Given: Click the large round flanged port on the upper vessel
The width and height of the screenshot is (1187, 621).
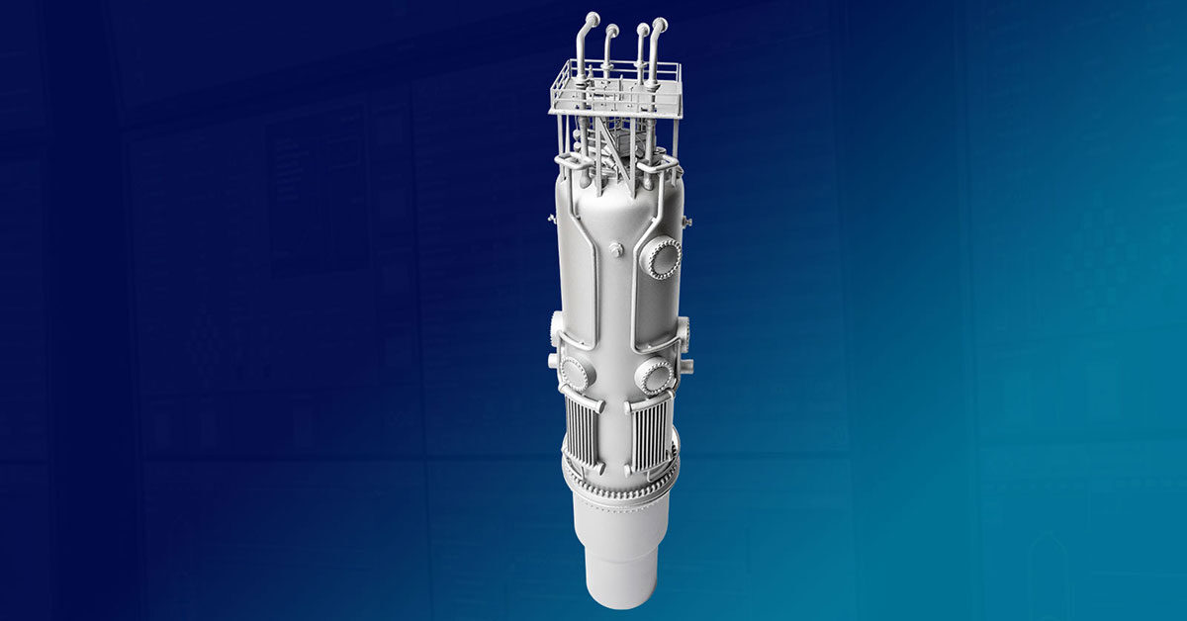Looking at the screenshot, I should click(x=661, y=258).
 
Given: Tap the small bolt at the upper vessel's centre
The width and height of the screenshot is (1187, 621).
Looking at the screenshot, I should click(x=615, y=251).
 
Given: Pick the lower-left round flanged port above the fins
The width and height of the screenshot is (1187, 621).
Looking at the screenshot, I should click(x=575, y=372).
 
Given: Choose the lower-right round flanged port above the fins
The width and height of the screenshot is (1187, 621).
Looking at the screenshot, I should click(x=653, y=376).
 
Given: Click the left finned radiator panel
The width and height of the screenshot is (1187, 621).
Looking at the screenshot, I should click(x=582, y=434).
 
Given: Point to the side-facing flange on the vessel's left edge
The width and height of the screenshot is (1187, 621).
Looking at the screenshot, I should click(x=556, y=324).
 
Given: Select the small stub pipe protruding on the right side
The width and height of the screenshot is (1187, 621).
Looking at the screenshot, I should click(x=687, y=367).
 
